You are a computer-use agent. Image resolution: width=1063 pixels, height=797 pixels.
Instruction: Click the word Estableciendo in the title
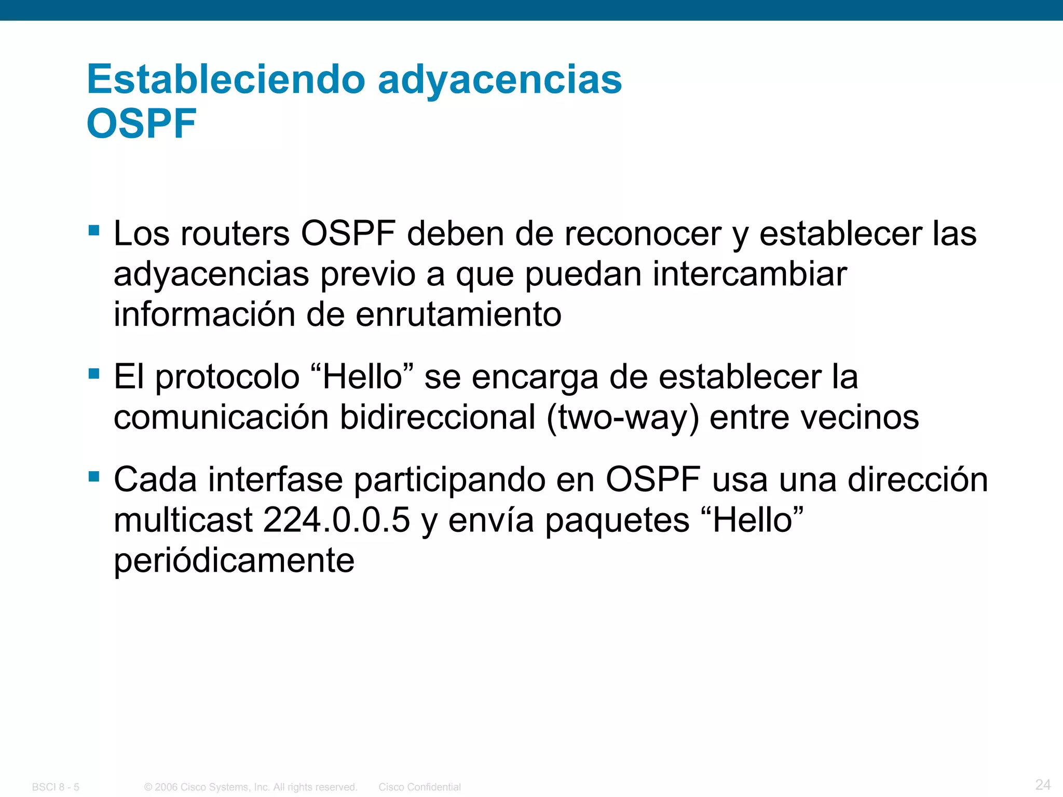[x=226, y=79]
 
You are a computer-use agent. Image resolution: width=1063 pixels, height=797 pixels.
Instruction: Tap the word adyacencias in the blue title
[x=500, y=80]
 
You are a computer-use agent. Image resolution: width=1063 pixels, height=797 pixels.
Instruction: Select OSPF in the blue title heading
[x=141, y=124]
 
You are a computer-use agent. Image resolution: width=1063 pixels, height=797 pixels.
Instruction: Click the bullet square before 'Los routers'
[x=94, y=230]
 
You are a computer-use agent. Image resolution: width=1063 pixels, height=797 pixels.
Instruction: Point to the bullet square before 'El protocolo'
[x=94, y=373]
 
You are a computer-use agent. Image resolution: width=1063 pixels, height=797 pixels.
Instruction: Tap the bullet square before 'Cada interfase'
[x=94, y=476]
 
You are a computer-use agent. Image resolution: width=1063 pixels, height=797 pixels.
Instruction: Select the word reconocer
[x=643, y=233]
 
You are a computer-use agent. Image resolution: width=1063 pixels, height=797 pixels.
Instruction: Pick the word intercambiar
[x=749, y=274]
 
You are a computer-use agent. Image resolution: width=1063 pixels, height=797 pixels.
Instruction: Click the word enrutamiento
[x=458, y=314]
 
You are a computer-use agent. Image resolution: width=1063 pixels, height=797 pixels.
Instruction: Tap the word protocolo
[x=227, y=377]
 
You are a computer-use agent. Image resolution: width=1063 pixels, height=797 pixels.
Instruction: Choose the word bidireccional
[x=438, y=417]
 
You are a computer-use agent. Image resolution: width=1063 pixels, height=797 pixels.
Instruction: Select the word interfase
[x=276, y=479]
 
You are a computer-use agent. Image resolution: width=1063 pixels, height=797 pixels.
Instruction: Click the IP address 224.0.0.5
[x=336, y=520]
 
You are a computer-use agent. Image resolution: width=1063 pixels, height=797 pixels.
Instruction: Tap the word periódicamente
[x=234, y=561]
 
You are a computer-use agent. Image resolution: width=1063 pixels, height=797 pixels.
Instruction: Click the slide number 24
[x=1043, y=784]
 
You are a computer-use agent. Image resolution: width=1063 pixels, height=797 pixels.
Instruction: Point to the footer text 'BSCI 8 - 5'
[x=56, y=787]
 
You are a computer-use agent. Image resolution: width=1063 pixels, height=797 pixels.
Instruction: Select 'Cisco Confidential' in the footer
[x=419, y=787]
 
